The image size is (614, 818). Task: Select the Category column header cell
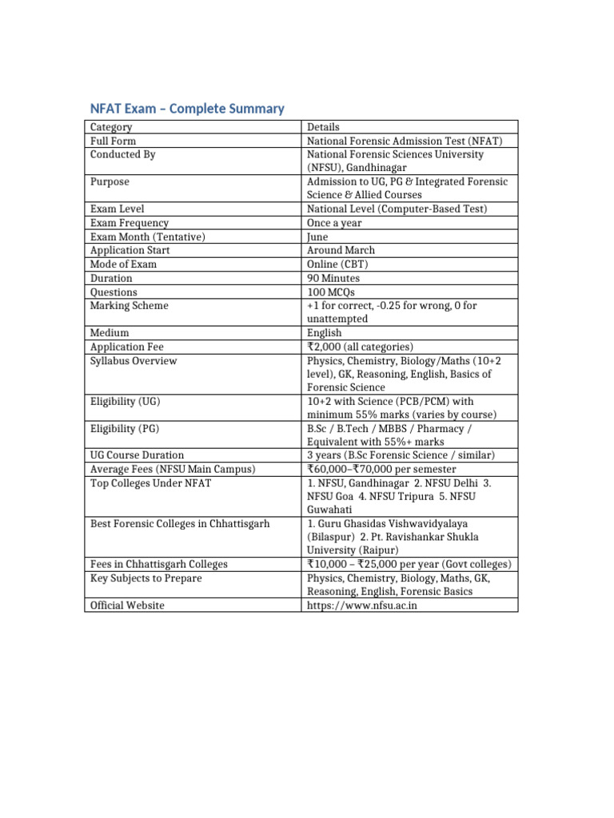tap(112, 127)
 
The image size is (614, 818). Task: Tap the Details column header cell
tap(323, 127)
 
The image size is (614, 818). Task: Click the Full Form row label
tap(113, 141)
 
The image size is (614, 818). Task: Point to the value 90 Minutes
tap(333, 278)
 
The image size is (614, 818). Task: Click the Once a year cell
tap(334, 223)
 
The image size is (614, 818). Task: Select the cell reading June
tap(317, 236)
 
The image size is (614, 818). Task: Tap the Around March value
tap(341, 250)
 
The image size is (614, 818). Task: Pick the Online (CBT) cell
tap(336, 264)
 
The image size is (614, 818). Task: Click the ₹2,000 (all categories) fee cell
tap(360, 347)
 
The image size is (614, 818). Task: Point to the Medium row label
tap(110, 332)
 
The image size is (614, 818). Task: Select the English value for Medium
tap(324, 332)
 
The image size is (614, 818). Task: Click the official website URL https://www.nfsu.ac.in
tap(362, 606)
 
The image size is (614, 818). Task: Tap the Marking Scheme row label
tap(130, 305)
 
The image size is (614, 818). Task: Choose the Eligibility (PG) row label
tap(124, 428)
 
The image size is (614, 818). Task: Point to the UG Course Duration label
tap(137, 455)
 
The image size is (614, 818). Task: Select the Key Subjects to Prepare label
tap(146, 578)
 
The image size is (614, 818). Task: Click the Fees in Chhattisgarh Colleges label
tap(159, 564)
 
